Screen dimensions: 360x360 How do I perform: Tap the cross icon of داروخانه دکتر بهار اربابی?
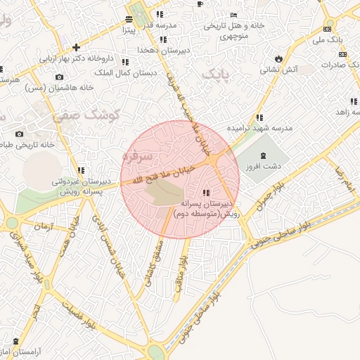pos(76,47)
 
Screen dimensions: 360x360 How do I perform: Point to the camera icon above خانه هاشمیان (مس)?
pos(59,77)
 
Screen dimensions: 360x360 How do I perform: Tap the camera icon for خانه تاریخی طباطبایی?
pos(19,134)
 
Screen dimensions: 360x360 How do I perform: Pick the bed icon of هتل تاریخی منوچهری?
pos(233,15)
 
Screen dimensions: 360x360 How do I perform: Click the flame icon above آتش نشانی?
pos(279,58)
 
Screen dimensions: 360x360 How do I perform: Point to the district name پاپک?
pos(215,72)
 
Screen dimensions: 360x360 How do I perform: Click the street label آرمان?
pos(42,227)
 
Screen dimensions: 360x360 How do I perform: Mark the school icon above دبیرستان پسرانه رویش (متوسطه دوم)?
pos(205,192)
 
